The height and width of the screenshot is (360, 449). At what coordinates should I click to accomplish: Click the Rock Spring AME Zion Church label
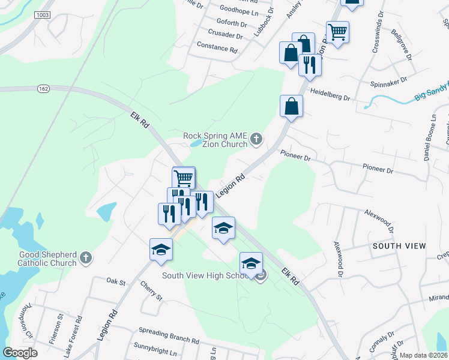pos(215,139)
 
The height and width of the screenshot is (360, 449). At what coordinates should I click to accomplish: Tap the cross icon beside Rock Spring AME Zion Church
pos(256,140)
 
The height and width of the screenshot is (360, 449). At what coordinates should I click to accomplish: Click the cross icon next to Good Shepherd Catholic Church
pos(86,258)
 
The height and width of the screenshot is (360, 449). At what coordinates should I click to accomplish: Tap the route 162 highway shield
pos(43,89)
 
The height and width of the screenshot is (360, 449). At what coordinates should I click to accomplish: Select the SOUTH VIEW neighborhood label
pos(399,246)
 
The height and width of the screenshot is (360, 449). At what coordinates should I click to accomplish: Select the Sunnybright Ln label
pos(157,347)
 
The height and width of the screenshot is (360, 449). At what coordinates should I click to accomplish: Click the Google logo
pos(20,353)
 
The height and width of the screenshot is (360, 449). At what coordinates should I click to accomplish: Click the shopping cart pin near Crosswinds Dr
pos(337,32)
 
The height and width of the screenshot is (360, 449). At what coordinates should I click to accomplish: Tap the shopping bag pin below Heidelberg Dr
pos(291,106)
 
